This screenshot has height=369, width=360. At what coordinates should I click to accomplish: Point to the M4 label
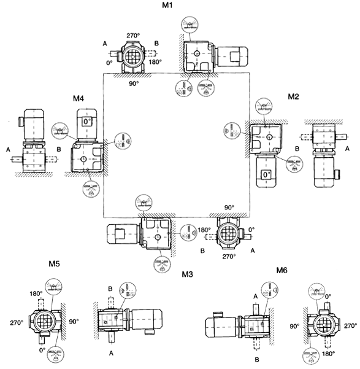(78, 98)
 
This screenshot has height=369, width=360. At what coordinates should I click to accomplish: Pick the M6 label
(281, 270)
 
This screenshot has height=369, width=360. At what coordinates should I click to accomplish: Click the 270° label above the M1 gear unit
(134, 36)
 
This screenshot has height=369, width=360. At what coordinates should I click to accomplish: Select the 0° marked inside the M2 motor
(266, 175)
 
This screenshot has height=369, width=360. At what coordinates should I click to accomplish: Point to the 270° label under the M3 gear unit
(228, 257)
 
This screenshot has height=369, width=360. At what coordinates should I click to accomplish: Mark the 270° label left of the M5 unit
(17, 322)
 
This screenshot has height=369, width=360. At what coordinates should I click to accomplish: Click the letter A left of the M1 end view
(105, 43)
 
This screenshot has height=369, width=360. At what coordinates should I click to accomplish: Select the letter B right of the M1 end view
(157, 43)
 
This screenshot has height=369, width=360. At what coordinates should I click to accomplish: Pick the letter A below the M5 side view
(112, 354)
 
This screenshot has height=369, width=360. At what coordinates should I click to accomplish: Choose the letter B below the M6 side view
(257, 357)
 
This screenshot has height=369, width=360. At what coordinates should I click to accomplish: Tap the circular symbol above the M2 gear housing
(264, 106)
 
